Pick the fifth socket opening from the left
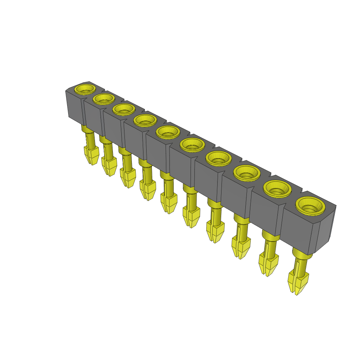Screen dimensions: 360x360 [x=168, y=132]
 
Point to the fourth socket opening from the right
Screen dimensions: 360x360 [x=218, y=158]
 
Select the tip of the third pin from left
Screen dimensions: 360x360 [x=128, y=186]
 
